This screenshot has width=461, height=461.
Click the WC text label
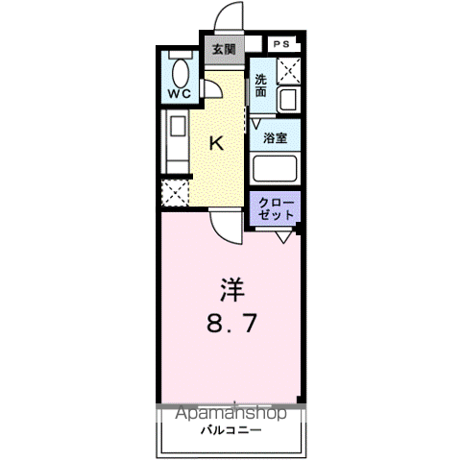pos(180,94)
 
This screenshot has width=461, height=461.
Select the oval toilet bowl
pos(180,70)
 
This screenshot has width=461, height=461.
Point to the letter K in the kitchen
pos(217,144)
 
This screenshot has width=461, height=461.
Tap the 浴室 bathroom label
pos(276,137)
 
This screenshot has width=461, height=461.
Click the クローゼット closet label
pos(276,208)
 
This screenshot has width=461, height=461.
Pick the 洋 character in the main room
pos(230,289)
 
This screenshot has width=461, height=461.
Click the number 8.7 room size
pos(230,324)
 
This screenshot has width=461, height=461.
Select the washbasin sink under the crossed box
pos(287,100)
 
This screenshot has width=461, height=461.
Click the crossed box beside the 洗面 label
pos(288,70)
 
